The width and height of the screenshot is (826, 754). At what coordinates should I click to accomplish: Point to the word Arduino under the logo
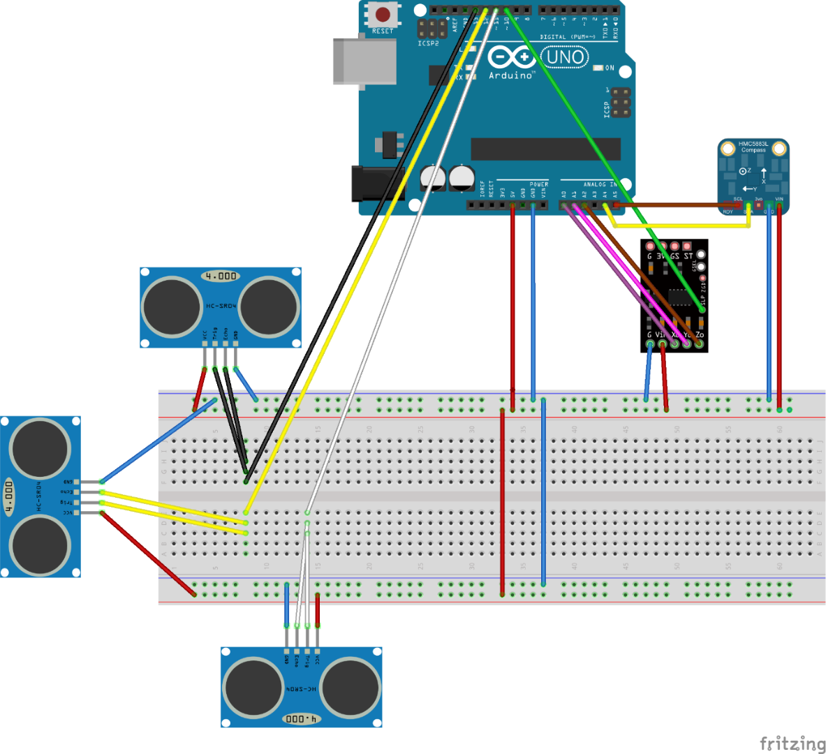pos(511,75)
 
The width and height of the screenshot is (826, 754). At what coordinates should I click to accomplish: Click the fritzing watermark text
pos(792,743)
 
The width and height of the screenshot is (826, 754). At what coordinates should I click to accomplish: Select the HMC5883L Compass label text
pos(753,147)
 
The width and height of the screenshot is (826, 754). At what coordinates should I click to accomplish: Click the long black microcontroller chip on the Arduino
pos(545,149)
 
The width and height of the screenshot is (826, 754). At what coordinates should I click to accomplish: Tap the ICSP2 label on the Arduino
pos(428,43)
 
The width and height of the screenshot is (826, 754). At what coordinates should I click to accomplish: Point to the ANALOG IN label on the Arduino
pos(600,185)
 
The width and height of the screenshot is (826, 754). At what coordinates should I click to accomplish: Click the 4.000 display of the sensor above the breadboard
pos(221,276)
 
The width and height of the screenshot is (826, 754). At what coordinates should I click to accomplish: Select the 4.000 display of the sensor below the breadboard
pos(302,718)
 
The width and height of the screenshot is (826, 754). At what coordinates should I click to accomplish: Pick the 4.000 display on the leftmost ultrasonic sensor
pos(9,496)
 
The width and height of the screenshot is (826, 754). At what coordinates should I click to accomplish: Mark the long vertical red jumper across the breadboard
pos(503,503)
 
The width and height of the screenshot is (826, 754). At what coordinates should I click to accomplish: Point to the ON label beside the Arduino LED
pos(610,68)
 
